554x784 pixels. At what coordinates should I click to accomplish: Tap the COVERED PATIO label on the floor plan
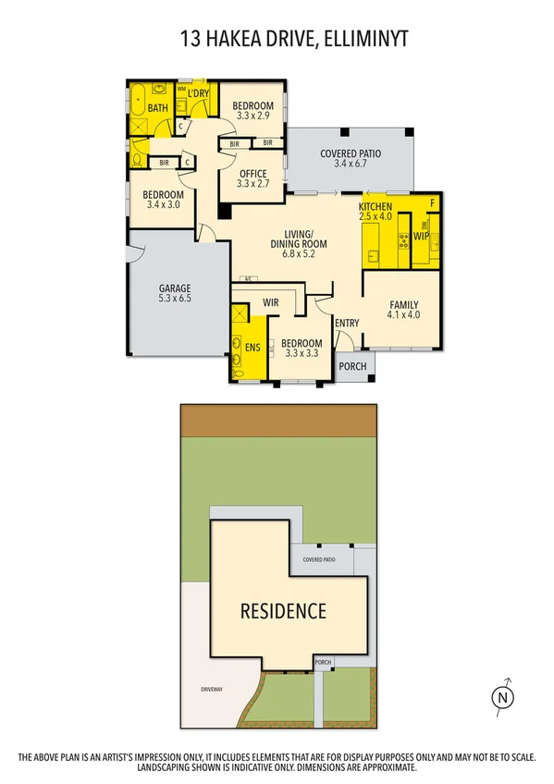[351, 153]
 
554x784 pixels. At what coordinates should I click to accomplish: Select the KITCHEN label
[375, 205]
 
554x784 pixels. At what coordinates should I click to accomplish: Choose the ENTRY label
[347, 323]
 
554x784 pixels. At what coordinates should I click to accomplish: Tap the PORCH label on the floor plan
[352, 366]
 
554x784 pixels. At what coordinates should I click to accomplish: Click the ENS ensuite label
[252, 348]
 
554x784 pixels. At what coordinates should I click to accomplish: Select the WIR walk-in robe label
[271, 301]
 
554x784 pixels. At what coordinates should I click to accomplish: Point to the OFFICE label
[252, 174]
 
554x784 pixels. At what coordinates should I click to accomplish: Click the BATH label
[158, 108]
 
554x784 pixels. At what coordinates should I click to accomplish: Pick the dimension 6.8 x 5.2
[299, 253]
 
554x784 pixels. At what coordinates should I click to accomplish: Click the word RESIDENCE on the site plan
[283, 610]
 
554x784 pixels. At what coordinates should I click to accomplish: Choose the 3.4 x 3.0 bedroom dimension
[162, 205]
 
